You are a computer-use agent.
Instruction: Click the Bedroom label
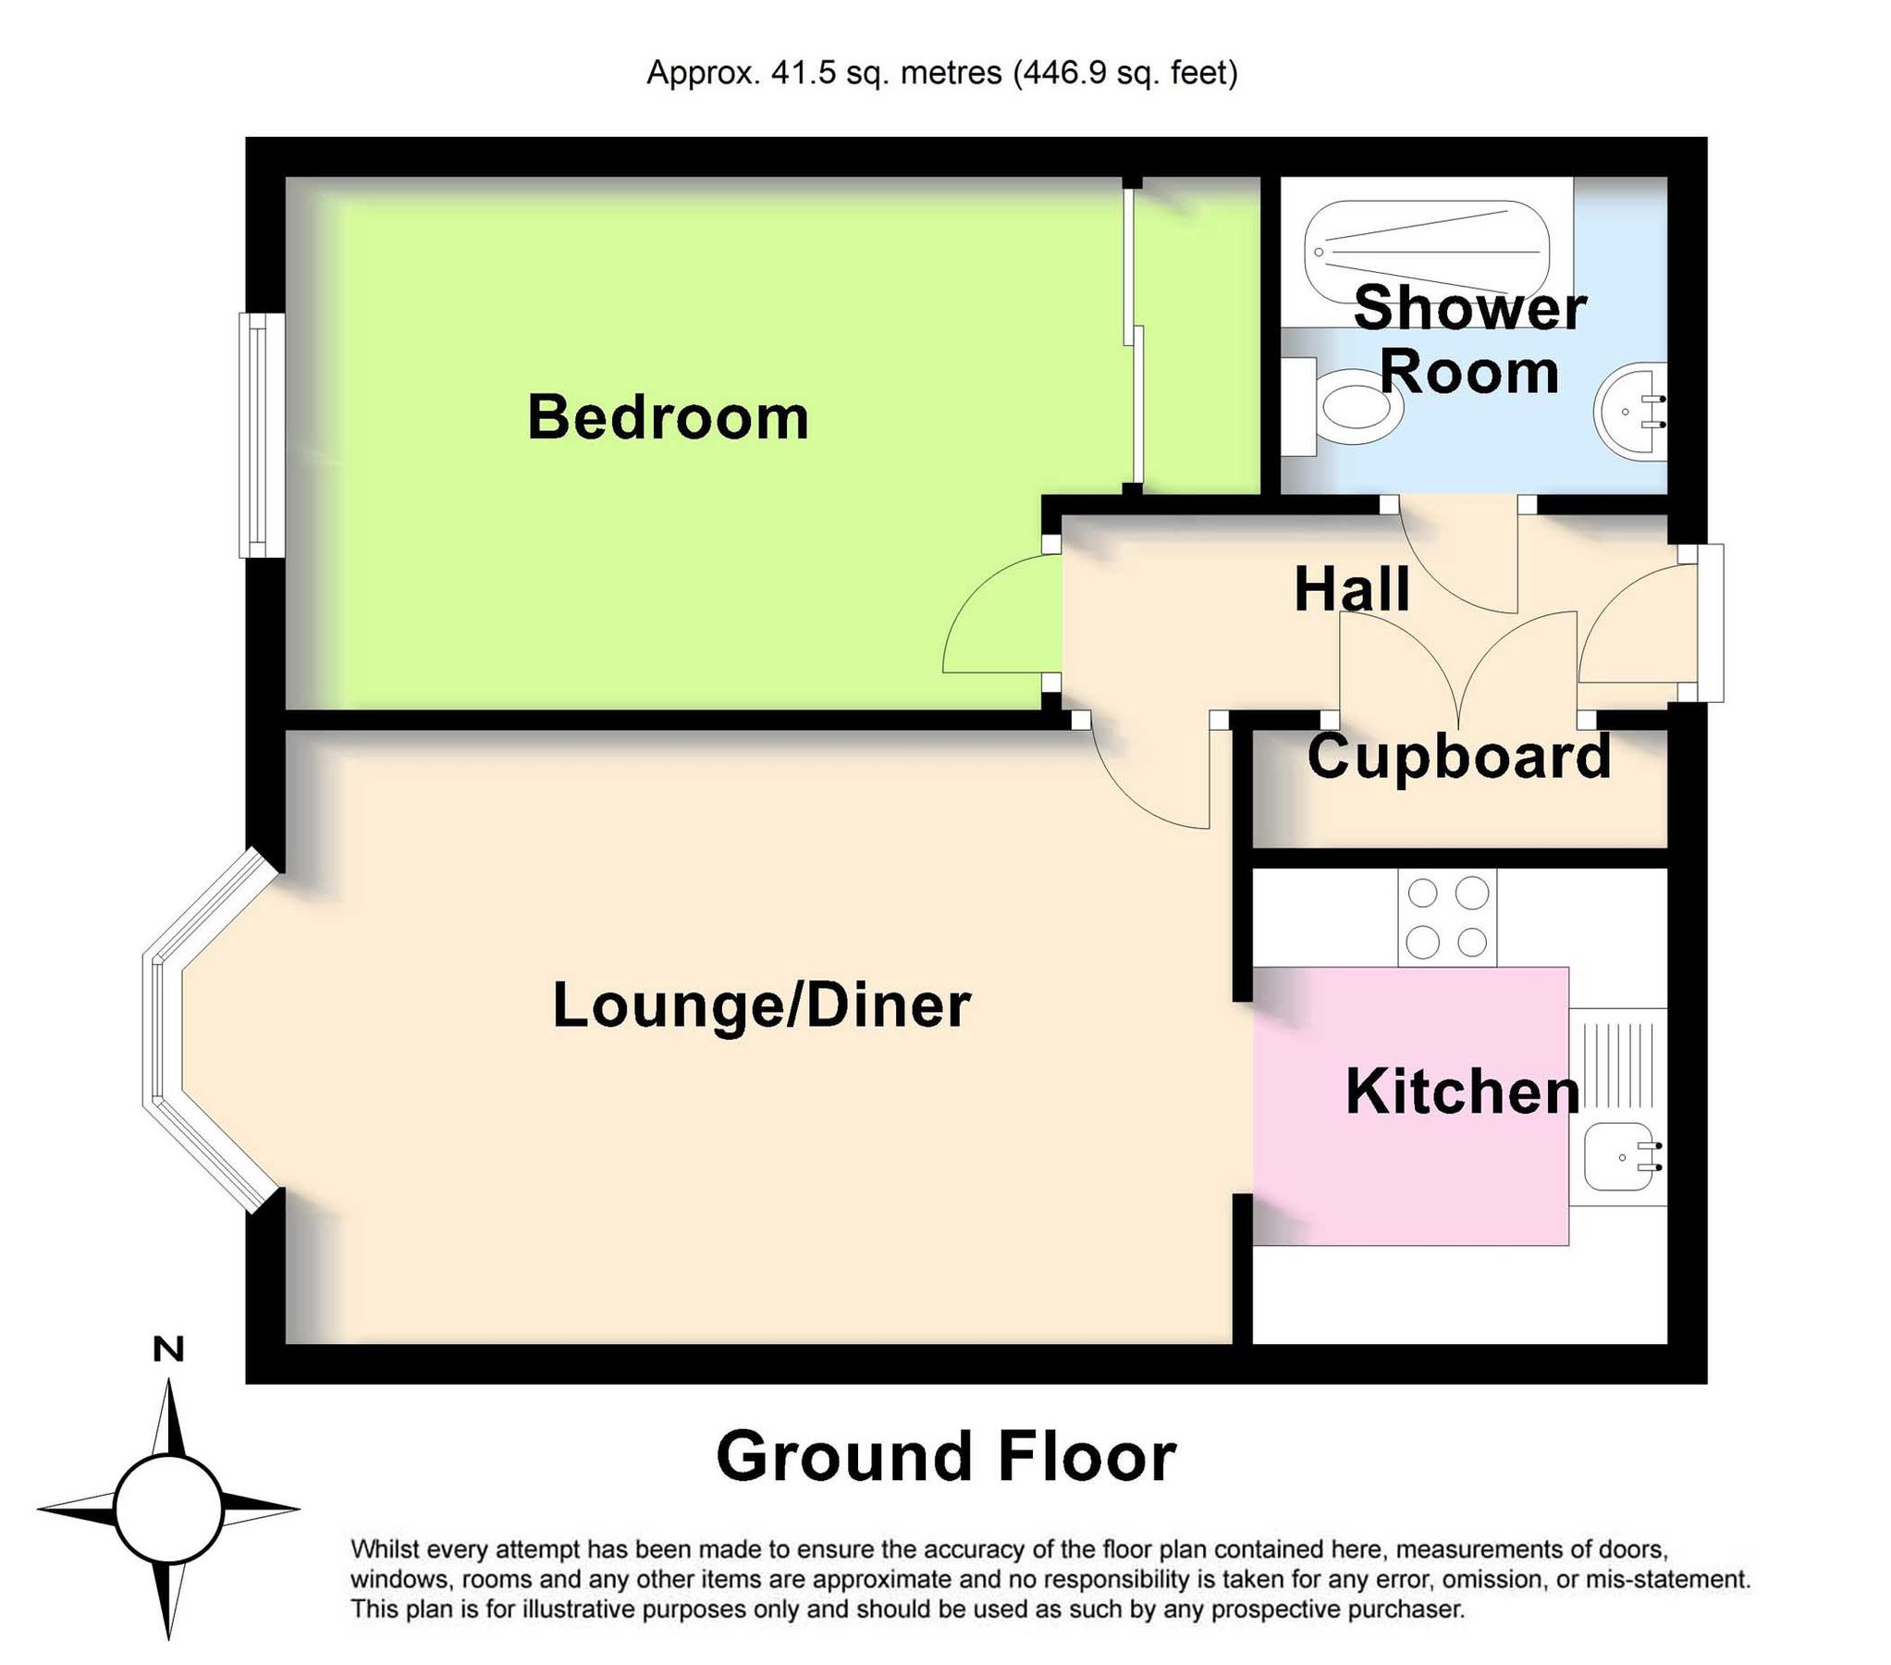[667, 417]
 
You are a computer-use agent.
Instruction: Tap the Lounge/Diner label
[760, 1005]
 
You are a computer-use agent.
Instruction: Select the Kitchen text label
[1462, 1092]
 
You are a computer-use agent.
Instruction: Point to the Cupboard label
[1459, 757]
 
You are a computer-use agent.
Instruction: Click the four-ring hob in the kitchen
[1447, 918]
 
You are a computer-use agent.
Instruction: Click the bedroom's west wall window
[261, 435]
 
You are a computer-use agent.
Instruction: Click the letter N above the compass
[168, 1350]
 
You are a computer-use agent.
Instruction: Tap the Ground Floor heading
[945, 1457]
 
